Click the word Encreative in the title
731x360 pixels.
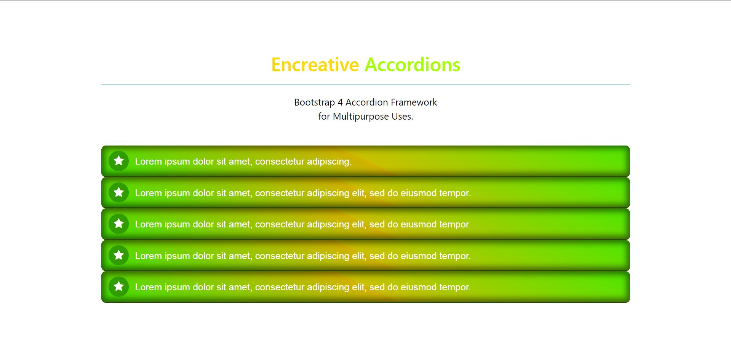pos(315,65)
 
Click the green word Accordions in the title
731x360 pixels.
pos(413,65)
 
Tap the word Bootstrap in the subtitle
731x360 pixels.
pos(315,103)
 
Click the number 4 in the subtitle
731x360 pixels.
pos(340,102)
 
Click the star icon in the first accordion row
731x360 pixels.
pos(119,161)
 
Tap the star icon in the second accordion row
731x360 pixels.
pos(119,192)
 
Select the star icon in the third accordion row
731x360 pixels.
pos(119,223)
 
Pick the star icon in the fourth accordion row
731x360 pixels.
pos(119,255)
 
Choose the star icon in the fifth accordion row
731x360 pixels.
pos(119,286)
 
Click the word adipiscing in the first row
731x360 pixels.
pos(329,162)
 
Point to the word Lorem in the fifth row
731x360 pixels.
pos(148,287)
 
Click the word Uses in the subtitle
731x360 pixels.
pos(402,117)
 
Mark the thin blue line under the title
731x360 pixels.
pos(366,85)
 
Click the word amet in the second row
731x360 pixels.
pos(240,194)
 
